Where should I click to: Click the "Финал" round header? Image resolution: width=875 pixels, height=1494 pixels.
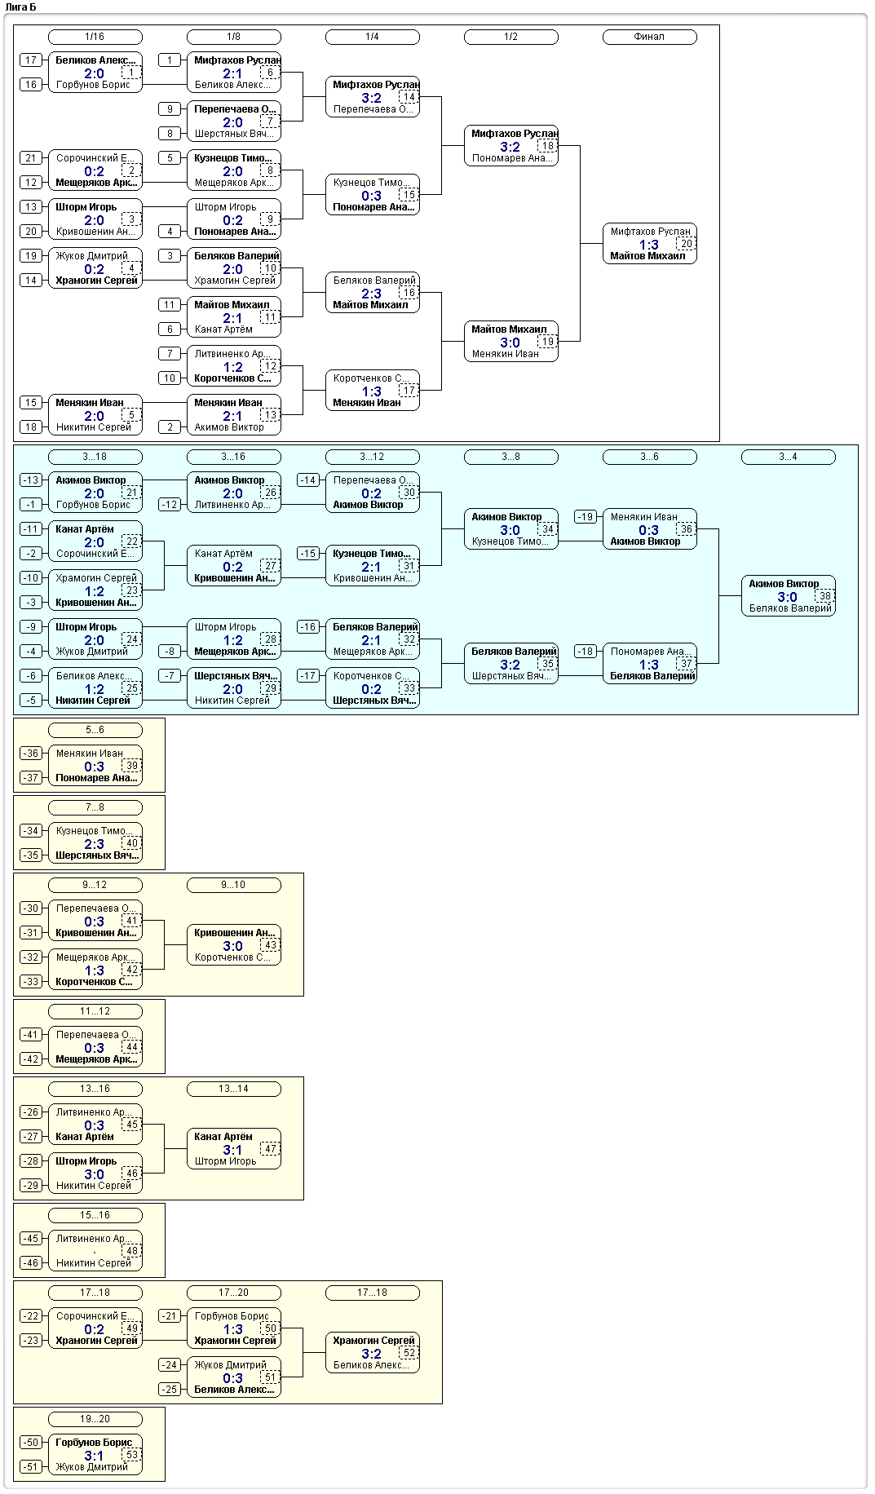point(649,37)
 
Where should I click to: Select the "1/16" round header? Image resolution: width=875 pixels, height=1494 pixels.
point(95,37)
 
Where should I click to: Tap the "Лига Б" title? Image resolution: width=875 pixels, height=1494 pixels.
point(20,7)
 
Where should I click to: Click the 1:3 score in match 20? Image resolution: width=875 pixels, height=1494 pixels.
point(649,245)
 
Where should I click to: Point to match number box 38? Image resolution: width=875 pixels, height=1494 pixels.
point(825,596)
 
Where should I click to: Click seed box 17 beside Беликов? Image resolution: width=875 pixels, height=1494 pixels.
point(31,60)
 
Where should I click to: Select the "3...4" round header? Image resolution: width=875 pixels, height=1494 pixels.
point(788,457)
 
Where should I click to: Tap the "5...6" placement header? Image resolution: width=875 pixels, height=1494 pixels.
point(95,730)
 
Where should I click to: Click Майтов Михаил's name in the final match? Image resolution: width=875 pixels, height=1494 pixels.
point(647,256)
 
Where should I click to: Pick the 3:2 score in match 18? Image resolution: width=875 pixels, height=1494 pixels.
point(510,147)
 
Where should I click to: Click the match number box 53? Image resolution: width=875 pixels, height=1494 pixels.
point(132,1455)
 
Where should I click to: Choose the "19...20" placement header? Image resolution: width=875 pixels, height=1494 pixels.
point(95,1419)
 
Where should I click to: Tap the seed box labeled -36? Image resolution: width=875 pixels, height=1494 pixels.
point(31,754)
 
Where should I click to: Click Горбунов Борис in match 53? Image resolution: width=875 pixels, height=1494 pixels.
point(94,1443)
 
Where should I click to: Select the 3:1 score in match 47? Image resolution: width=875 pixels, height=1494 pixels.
point(233,1150)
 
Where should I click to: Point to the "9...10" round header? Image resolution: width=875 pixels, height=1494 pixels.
point(233,885)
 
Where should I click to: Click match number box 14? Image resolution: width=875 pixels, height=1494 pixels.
point(409,97)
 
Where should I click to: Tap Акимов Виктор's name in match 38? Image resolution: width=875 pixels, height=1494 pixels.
point(784,584)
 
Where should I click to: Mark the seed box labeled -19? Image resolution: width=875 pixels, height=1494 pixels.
point(586,517)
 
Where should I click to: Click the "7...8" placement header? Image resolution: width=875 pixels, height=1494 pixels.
point(95,807)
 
